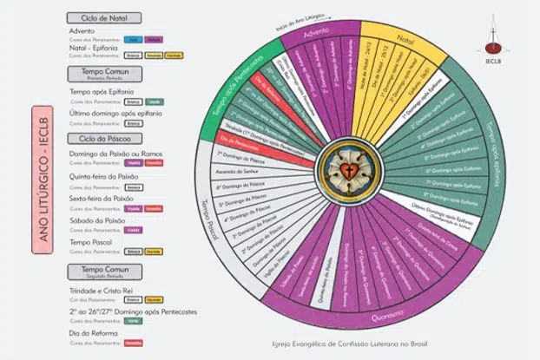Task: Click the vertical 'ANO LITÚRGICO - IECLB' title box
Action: tap(43, 180)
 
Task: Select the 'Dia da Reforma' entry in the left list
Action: tap(90, 333)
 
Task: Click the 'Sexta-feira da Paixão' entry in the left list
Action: tap(101, 199)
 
